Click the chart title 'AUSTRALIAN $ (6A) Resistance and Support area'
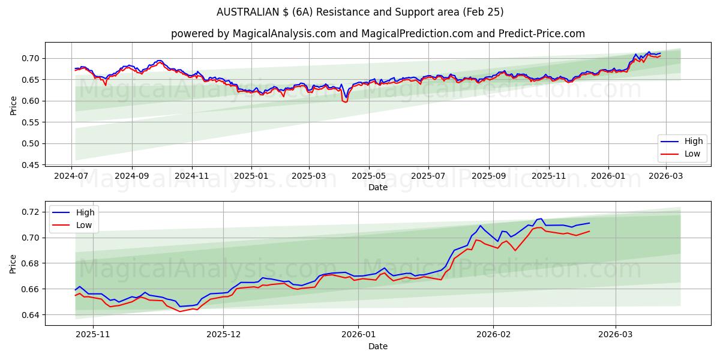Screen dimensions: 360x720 [x=360, y=12]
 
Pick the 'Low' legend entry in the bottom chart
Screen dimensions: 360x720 [x=85, y=225]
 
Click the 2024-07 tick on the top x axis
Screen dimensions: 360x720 [x=72, y=176]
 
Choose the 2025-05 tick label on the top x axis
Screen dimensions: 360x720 [x=369, y=176]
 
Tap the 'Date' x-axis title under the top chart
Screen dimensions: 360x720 [x=378, y=187]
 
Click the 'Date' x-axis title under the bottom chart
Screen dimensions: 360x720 [x=378, y=346]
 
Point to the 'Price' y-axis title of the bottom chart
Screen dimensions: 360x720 [x=14, y=263]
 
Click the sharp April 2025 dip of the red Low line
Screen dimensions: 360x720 [x=345, y=102]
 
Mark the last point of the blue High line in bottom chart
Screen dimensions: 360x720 [x=589, y=223]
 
